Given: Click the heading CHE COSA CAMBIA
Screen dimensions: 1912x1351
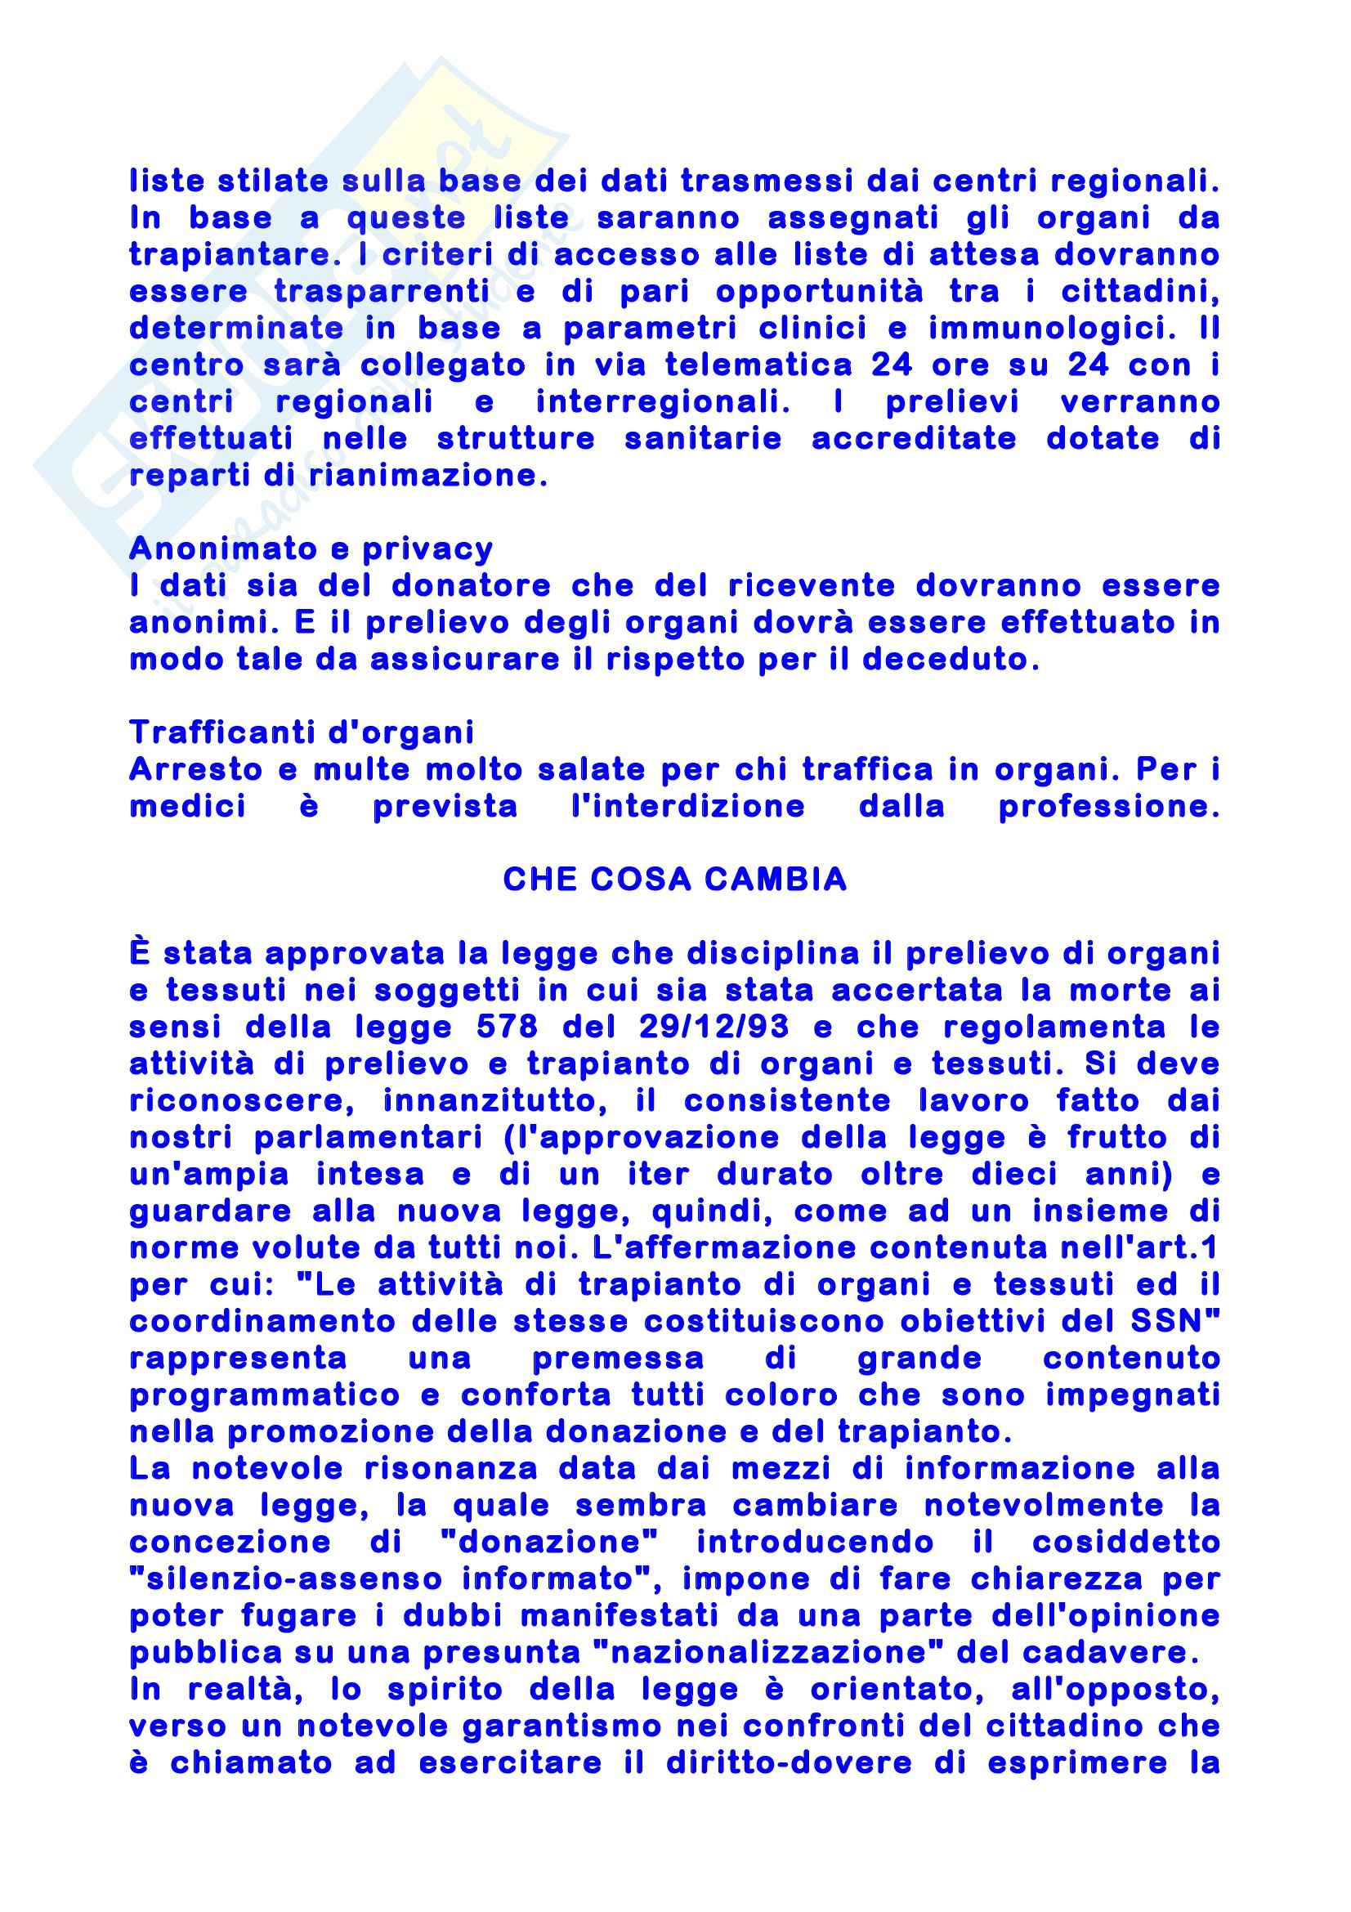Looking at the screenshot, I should [674, 880].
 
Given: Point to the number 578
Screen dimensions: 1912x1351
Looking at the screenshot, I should [507, 1027].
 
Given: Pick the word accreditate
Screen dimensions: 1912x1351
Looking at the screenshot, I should [913, 439].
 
